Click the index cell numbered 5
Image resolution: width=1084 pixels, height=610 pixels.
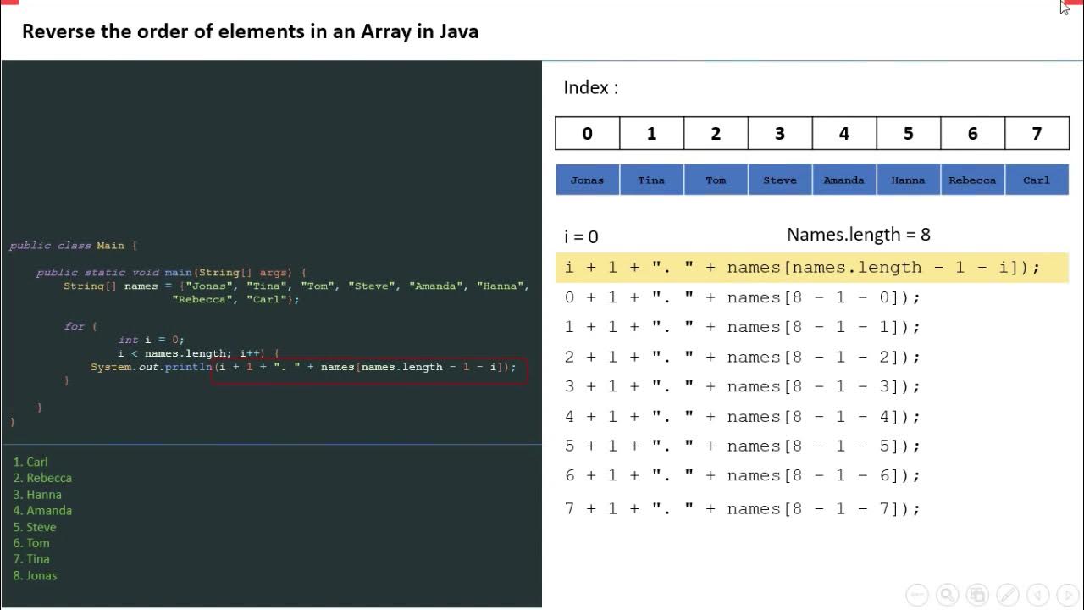pyautogui.click(x=908, y=133)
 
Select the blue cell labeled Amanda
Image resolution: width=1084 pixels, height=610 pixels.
pyautogui.click(x=843, y=180)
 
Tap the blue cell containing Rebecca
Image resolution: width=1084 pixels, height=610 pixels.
pyautogui.click(x=972, y=180)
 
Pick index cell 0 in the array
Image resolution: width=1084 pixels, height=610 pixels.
pyautogui.click(x=587, y=133)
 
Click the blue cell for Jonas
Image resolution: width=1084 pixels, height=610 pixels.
pyautogui.click(x=587, y=180)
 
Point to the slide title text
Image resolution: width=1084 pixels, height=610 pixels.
pyautogui.click(x=250, y=31)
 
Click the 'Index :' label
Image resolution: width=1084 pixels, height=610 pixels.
pyautogui.click(x=590, y=87)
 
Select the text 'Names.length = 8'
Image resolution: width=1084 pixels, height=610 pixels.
pyautogui.click(x=858, y=235)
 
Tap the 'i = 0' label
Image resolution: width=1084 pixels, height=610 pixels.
pyautogui.click(x=581, y=236)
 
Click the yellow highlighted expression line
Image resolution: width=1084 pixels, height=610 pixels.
pyautogui.click(x=802, y=268)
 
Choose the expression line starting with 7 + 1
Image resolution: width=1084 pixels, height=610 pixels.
pyautogui.click(x=742, y=508)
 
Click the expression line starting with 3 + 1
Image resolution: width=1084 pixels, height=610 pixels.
pyautogui.click(x=742, y=386)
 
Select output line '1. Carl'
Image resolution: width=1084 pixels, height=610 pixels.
pyautogui.click(x=30, y=462)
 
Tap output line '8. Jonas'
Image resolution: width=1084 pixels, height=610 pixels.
pyautogui.click(x=35, y=575)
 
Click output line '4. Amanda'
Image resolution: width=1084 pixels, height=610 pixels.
pyautogui.click(x=42, y=510)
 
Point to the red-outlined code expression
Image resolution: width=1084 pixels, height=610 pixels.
pyautogui.click(x=369, y=368)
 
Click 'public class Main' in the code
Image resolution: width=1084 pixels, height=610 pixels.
pyautogui.click(x=68, y=246)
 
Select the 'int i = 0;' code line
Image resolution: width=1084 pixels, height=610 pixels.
pyautogui.click(x=151, y=340)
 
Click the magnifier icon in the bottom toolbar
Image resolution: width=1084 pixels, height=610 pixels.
pyautogui.click(x=947, y=595)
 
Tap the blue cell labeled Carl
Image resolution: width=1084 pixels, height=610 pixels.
pyautogui.click(x=1037, y=180)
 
